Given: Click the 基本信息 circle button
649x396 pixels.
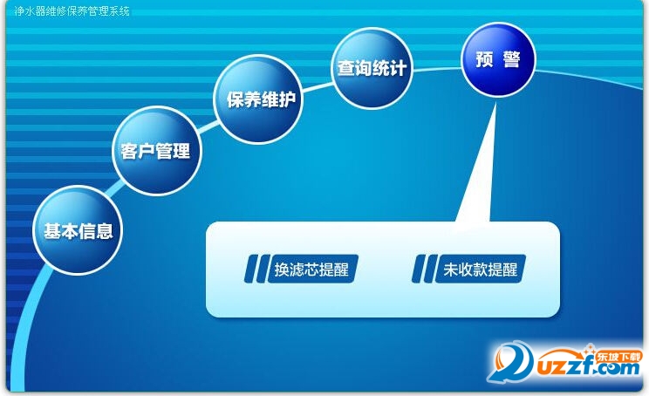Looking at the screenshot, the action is tap(78, 230).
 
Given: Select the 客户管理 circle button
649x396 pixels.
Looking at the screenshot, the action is tap(156, 150).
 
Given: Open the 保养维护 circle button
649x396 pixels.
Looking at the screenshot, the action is tap(258, 99).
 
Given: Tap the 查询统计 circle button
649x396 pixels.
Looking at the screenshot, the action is tap(372, 67).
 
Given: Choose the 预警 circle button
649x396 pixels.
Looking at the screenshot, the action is tap(498, 59).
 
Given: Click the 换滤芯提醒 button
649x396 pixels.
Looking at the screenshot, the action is tap(312, 269).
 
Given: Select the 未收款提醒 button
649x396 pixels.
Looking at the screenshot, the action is tap(480, 269).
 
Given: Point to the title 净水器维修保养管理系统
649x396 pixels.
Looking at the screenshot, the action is tap(72, 10).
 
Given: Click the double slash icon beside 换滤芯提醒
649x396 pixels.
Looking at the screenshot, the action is tap(255, 269).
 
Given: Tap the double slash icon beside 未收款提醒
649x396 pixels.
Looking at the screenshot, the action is tap(423, 269).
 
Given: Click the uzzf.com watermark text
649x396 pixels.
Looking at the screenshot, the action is tap(588, 365).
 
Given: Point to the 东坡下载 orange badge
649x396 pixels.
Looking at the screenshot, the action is tap(618, 357).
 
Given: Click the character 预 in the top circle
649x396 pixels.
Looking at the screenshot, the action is tap(484, 59).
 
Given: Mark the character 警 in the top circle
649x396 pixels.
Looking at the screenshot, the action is tap(511, 59).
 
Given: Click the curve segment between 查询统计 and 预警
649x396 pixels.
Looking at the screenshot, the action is tap(437, 69).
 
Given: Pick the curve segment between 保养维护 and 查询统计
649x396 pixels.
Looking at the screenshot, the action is tap(318, 86).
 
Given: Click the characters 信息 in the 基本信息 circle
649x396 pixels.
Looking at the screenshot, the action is tap(96, 231).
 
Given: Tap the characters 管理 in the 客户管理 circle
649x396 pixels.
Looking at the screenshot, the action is tap(174, 151).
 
